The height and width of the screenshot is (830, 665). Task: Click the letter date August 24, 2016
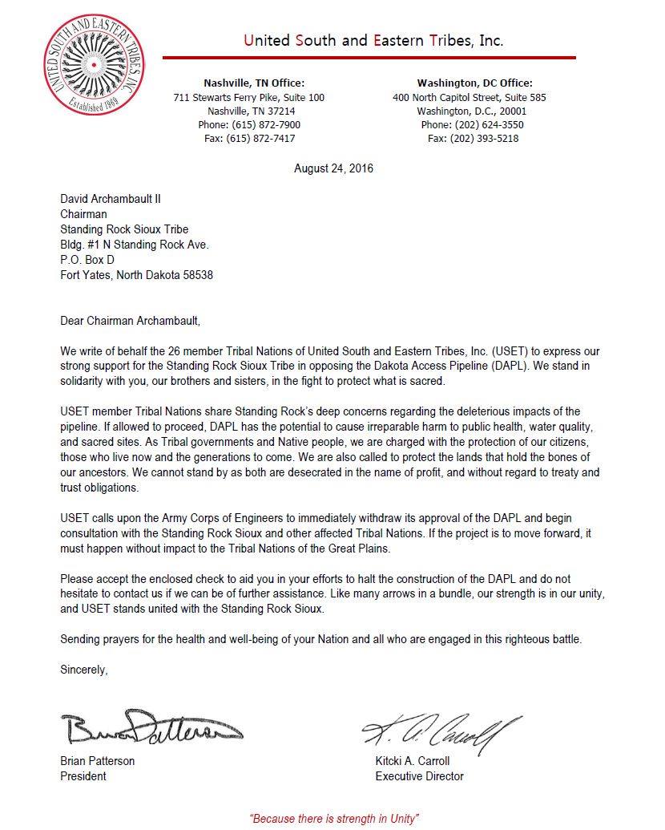click(333, 168)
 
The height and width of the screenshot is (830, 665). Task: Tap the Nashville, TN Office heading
click(254, 83)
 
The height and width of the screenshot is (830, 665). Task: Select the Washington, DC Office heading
click(474, 83)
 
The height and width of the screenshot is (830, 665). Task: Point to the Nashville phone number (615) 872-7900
click(249, 125)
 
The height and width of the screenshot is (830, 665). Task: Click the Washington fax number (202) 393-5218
click(473, 139)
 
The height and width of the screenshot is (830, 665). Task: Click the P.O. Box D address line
click(87, 260)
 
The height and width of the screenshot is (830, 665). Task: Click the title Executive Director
click(419, 776)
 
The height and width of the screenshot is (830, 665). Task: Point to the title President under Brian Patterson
click(83, 776)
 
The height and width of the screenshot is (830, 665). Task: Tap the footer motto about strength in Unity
click(334, 818)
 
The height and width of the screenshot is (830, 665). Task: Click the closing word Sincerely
click(83, 669)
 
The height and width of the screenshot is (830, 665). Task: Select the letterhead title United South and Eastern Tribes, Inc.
click(374, 41)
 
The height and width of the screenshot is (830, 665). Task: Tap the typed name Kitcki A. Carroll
click(413, 761)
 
